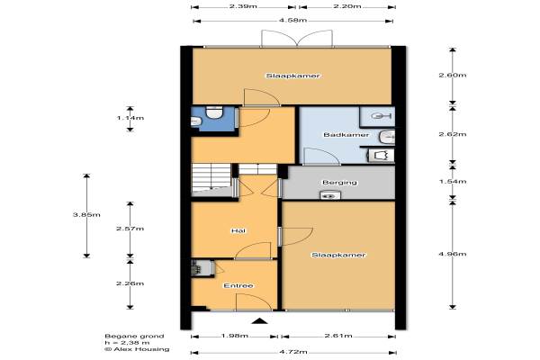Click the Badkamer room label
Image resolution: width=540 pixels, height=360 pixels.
pyautogui.click(x=346, y=135)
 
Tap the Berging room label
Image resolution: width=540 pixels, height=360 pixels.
pyautogui.click(x=339, y=182)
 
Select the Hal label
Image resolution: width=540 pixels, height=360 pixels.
pyautogui.click(x=238, y=230)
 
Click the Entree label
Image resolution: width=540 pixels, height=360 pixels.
pyautogui.click(x=238, y=285)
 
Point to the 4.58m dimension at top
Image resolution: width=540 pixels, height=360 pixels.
pyautogui.click(x=292, y=21)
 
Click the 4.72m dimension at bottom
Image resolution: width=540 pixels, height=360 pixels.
pyautogui.click(x=293, y=352)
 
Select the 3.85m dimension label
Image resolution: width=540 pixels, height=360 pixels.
pyautogui.click(x=86, y=214)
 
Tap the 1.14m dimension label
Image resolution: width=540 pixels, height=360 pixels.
pyautogui.click(x=130, y=118)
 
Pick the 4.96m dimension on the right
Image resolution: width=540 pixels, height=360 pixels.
pyautogui.click(x=453, y=254)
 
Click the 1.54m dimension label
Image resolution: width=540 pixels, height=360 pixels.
pyautogui.click(x=453, y=182)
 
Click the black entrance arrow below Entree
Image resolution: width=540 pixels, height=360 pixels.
pyautogui.click(x=260, y=321)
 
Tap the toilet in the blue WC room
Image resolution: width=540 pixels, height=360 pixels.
pyautogui.click(x=214, y=112)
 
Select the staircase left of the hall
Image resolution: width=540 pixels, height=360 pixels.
pyautogui.click(x=211, y=180)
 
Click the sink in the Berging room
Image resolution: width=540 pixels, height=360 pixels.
pyautogui.click(x=330, y=195)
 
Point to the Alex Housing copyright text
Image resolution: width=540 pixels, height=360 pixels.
pyautogui.click(x=137, y=349)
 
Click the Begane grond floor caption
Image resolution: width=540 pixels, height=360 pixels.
pyautogui.click(x=134, y=336)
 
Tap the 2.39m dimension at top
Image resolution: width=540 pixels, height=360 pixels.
pyautogui.click(x=243, y=6)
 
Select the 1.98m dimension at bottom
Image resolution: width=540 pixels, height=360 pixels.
pyautogui.click(x=234, y=336)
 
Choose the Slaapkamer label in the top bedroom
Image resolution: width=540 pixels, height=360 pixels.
pyautogui.click(x=292, y=76)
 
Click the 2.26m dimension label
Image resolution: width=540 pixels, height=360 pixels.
pyautogui.click(x=130, y=283)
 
